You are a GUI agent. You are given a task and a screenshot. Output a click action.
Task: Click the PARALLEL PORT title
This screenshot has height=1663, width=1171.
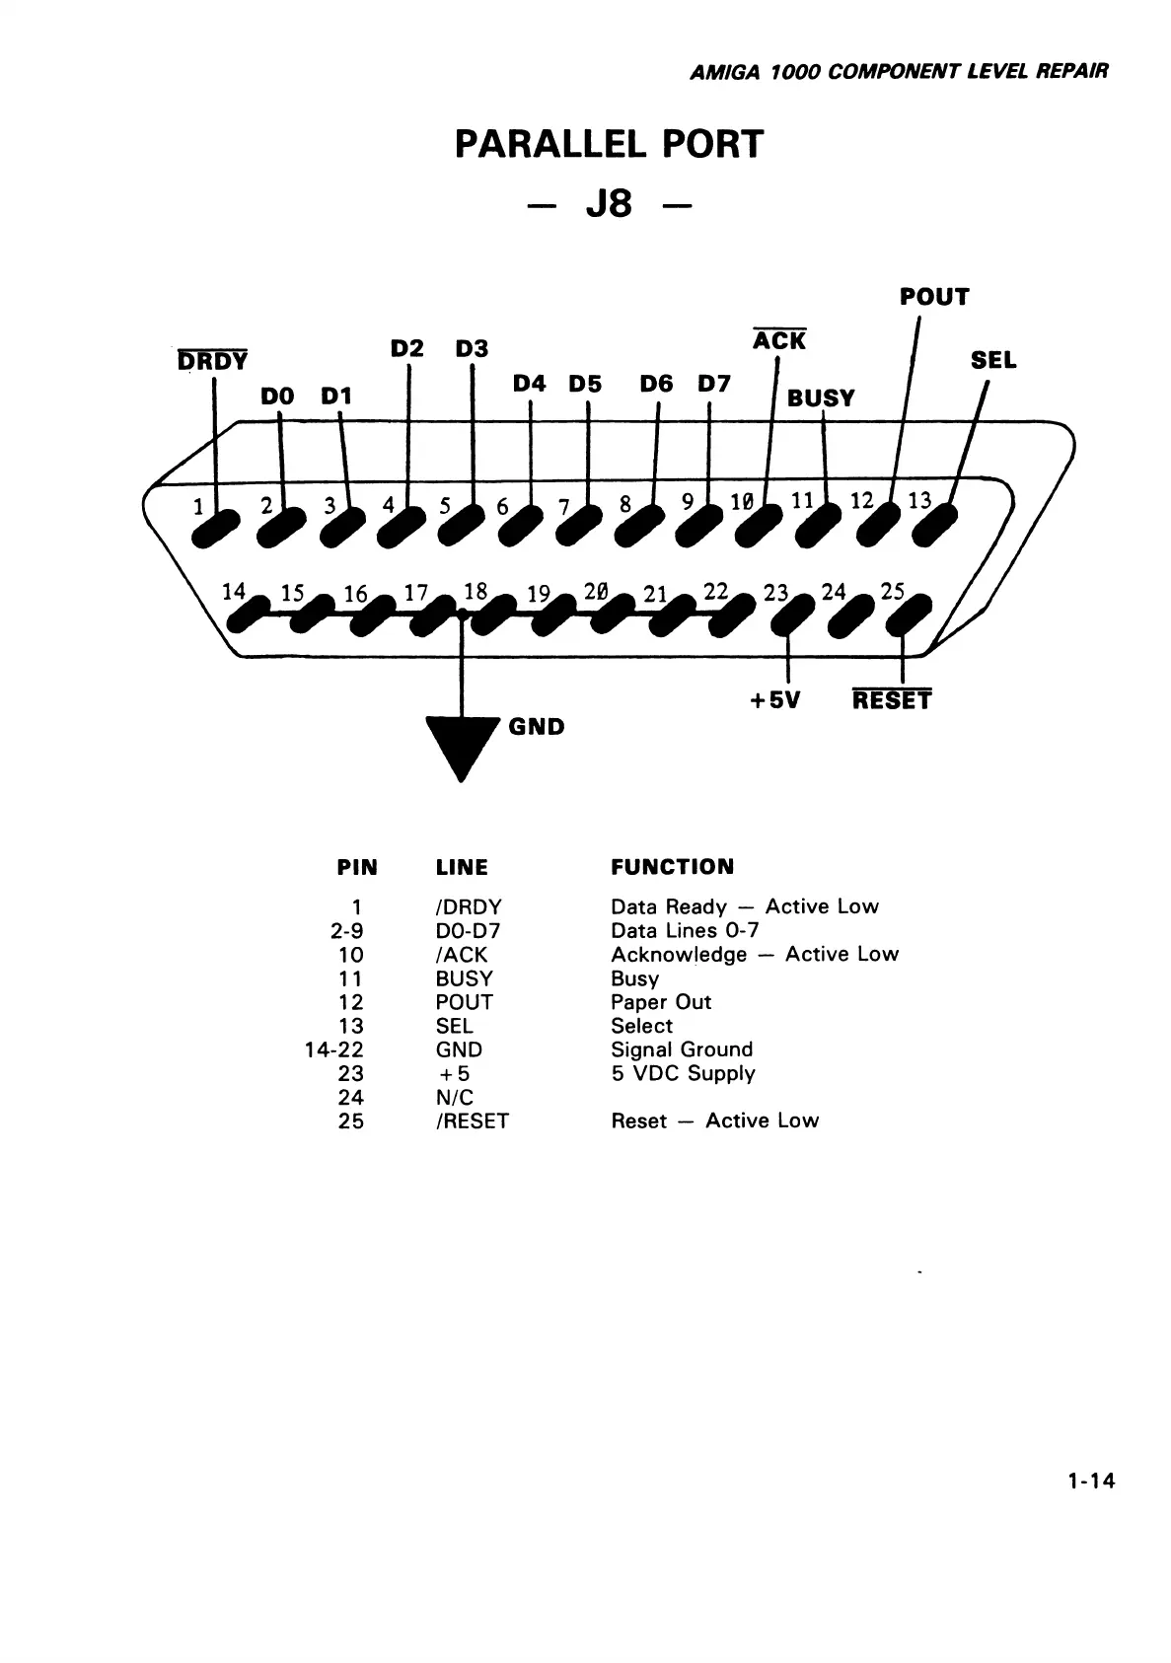609,145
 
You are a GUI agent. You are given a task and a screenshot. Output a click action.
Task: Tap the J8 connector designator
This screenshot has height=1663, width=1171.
609,205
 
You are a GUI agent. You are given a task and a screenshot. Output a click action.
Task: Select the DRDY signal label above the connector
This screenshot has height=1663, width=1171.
212,361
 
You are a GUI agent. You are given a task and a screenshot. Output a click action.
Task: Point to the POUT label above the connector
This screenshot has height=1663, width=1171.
933,297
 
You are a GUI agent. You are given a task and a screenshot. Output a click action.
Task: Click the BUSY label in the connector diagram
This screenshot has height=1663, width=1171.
821,398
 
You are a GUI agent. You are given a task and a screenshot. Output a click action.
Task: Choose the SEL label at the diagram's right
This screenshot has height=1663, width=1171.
992,361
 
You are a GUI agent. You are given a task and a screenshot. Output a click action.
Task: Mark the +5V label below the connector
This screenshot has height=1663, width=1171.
774,700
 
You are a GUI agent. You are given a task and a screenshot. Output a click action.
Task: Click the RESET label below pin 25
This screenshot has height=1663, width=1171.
891,700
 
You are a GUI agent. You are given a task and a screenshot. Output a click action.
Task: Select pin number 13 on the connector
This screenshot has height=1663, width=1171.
919,500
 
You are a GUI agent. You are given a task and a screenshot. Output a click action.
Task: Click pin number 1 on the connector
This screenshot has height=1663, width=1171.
198,508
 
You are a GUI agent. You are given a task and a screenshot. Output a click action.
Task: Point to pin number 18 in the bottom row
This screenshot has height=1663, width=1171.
476,591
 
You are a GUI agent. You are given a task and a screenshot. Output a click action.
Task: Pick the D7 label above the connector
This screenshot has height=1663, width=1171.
713,384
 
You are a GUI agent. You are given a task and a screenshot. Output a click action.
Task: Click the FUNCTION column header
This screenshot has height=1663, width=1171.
672,867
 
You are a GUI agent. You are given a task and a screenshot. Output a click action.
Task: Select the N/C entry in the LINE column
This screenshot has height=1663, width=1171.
454,1098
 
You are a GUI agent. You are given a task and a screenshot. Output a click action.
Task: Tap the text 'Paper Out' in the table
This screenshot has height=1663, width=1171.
660,1002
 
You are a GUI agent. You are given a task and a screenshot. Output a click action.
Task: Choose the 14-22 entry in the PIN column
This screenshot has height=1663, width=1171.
334,1049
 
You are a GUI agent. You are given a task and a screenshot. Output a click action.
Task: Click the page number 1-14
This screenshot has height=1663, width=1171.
1089,1481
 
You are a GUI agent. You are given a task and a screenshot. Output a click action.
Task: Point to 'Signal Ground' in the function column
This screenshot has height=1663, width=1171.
681,1049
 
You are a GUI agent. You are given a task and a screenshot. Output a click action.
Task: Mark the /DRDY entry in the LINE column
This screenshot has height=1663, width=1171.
469,906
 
